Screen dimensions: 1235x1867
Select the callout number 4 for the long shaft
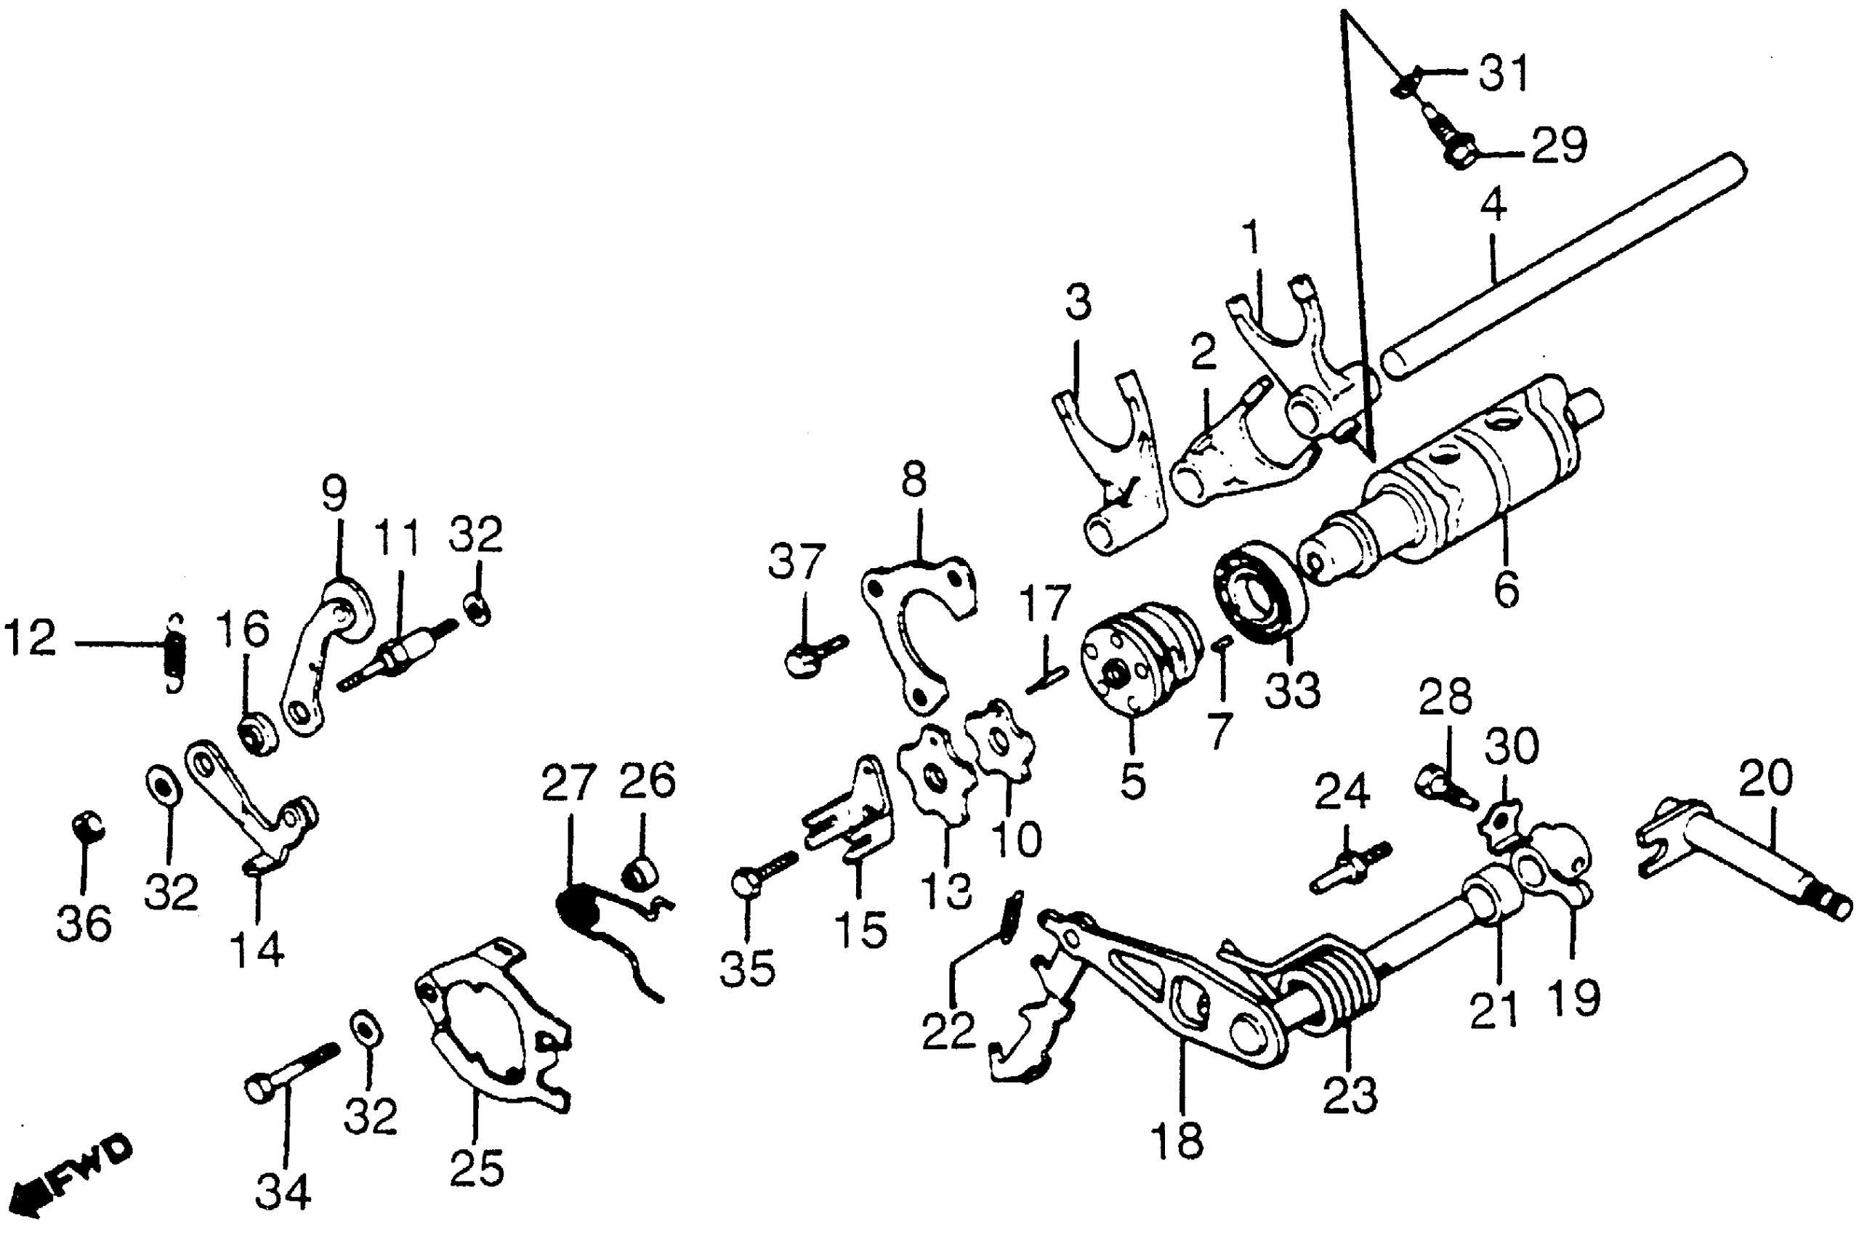tap(1493, 205)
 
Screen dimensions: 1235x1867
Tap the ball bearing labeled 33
tap(1259, 591)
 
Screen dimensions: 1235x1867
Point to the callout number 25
tap(477, 1167)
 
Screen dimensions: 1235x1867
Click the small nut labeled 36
tap(86, 826)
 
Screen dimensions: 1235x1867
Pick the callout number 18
tap(1178, 1140)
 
